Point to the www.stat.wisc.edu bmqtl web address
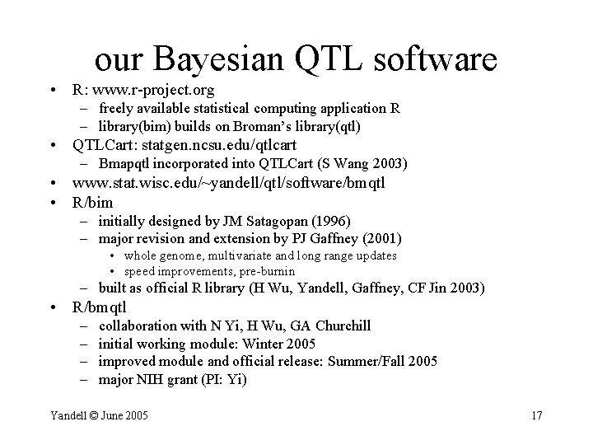tap(229, 183)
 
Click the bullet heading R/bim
tap(93, 202)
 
